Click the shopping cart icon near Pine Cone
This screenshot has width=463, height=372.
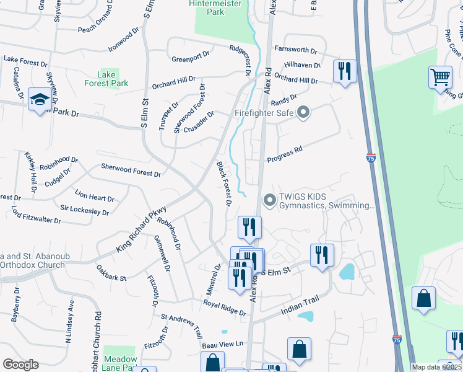(x=440, y=77)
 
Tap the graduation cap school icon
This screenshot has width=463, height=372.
(x=39, y=100)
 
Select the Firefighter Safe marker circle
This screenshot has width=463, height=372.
(x=303, y=113)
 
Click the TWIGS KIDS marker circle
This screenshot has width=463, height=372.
(x=269, y=200)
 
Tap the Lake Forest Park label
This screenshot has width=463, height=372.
(x=106, y=79)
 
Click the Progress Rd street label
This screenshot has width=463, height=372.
(x=285, y=155)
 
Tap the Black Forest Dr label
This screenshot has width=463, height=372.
(x=224, y=184)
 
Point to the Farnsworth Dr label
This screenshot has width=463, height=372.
(x=296, y=50)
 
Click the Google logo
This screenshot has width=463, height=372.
(x=20, y=365)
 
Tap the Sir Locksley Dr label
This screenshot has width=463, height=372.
(x=85, y=209)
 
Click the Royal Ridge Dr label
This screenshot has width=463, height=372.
(x=225, y=308)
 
